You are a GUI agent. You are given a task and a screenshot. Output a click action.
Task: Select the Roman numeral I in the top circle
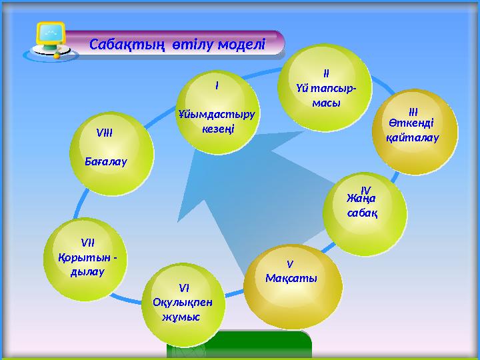(217, 86)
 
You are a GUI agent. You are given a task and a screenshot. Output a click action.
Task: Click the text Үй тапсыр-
(326, 89)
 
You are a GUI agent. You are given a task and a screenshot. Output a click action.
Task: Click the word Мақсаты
(291, 277)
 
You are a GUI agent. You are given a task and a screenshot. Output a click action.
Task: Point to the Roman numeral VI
(184, 288)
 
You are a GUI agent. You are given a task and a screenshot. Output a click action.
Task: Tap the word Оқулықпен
(183, 301)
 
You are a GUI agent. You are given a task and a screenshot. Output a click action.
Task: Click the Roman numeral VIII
(104, 133)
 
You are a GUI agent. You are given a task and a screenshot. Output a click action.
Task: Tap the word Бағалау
(106, 161)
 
